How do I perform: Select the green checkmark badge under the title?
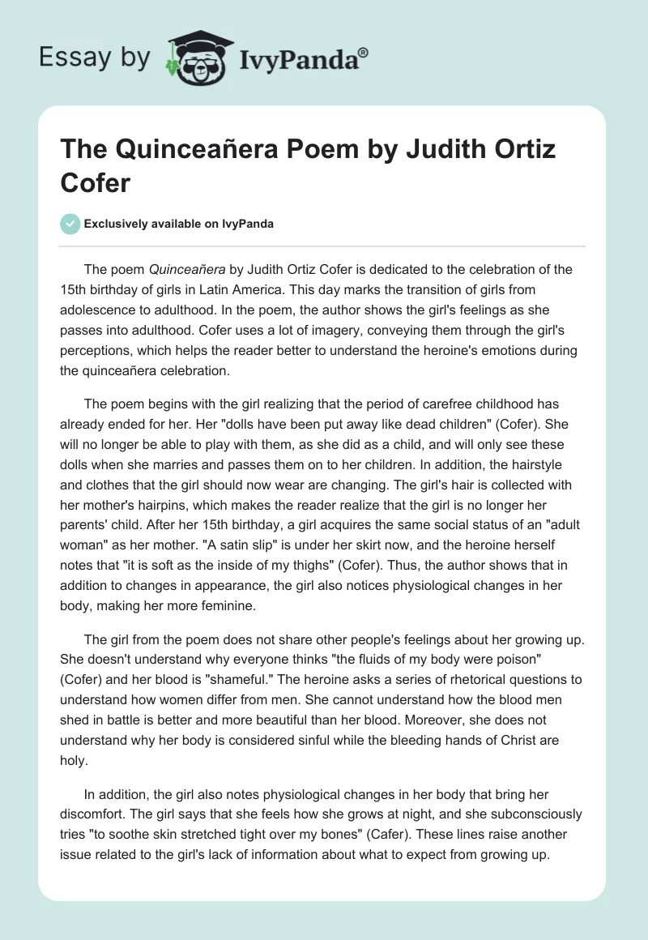pyautogui.click(x=70, y=224)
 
